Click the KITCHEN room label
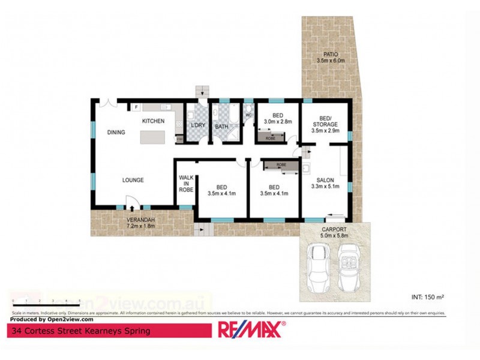(153, 121)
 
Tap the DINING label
(116, 133)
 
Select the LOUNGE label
(133, 180)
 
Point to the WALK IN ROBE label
(186, 183)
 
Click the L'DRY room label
(197, 126)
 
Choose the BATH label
(222, 127)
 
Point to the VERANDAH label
(141, 220)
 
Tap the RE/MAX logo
(250, 329)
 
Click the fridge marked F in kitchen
(136, 107)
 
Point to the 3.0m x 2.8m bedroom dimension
(277, 121)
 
